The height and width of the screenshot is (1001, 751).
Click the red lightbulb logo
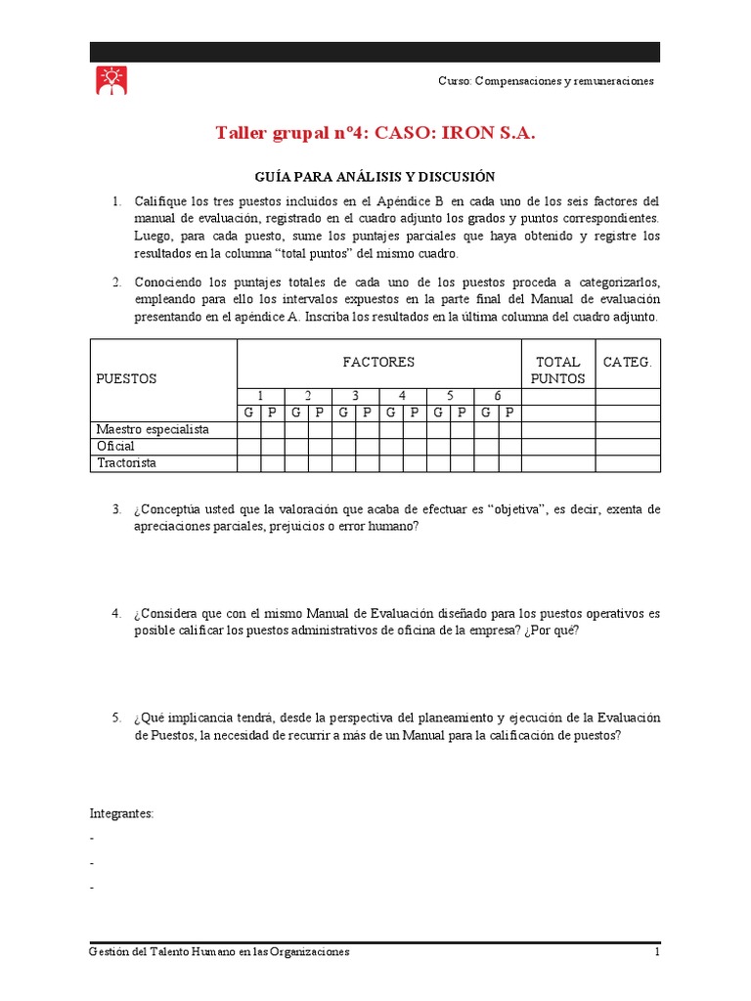pyautogui.click(x=110, y=80)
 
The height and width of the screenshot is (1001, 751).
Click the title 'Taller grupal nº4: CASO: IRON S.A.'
pyautogui.click(x=375, y=133)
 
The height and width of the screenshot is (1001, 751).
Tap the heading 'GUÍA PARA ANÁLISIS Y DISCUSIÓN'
pyautogui.click(x=375, y=177)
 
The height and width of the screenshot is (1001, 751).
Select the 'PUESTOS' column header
pyautogui.click(x=125, y=377)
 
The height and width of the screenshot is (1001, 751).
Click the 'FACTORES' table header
pyautogui.click(x=378, y=362)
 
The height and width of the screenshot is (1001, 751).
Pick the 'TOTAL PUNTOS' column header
pyautogui.click(x=557, y=370)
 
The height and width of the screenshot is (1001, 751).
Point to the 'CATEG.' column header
pyautogui.click(x=627, y=362)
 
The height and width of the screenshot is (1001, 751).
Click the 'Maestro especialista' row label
pyautogui.click(x=152, y=430)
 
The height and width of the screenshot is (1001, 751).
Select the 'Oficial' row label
pyautogui.click(x=115, y=447)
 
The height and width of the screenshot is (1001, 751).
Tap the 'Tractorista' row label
pyautogui.click(x=126, y=463)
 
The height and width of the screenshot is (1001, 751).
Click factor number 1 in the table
pyautogui.click(x=260, y=396)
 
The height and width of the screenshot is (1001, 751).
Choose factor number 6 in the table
pyautogui.click(x=497, y=396)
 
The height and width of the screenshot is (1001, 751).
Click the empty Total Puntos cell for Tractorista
pyautogui.click(x=557, y=463)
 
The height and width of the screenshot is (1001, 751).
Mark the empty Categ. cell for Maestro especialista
pyautogui.click(x=627, y=430)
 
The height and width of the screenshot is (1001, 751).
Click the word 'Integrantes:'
pyautogui.click(x=122, y=813)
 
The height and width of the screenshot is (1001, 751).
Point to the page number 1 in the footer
pyautogui.click(x=658, y=952)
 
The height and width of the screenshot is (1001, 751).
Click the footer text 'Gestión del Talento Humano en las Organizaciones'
pyautogui.click(x=219, y=952)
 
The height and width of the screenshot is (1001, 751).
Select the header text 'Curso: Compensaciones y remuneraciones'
pyautogui.click(x=546, y=81)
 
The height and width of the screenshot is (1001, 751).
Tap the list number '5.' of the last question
pyautogui.click(x=116, y=718)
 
